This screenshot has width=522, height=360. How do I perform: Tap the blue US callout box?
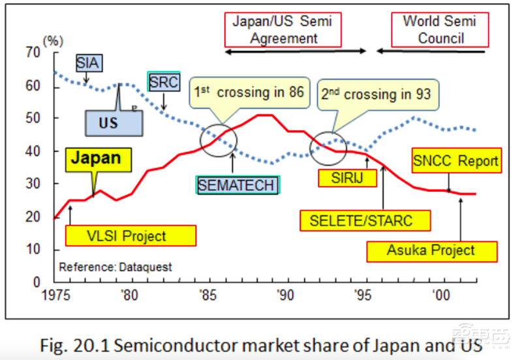tap(108, 123)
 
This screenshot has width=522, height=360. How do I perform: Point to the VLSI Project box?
tap(130, 236)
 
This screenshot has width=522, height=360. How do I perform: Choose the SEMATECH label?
tap(237, 185)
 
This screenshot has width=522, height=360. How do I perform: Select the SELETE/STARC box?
tap(365, 220)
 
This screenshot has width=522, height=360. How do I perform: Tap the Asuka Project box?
tap(431, 250)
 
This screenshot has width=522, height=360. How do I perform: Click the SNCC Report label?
tap(456, 161)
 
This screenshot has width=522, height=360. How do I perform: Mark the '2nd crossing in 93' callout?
tap(376, 95)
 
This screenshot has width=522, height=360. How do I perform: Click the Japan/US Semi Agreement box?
tap(283, 29)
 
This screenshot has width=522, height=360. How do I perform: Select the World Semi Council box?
tap(440, 29)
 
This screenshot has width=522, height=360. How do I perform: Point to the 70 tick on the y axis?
tap(33, 53)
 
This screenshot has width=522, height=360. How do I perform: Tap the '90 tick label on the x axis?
tap(284, 295)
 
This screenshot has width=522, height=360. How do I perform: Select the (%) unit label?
tap(53, 40)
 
